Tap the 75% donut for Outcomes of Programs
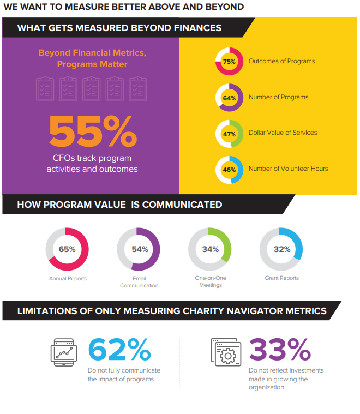tap(229, 62)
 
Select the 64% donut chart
tap(229, 98)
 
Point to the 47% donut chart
tap(229, 133)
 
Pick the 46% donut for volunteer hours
tap(229, 169)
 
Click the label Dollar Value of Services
tap(283, 133)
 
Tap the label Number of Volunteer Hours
tap(288, 169)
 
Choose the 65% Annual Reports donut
tap(67, 249)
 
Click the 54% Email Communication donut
tap(139, 249)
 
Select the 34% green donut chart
tap(210, 249)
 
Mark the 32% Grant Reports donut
tap(281, 249)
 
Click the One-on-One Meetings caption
tap(210, 281)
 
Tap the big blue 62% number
tap(119, 350)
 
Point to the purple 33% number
tap(280, 350)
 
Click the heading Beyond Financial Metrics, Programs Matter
tap(92, 58)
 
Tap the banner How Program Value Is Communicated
tap(120, 205)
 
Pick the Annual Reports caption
tap(68, 278)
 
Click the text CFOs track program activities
tap(92, 164)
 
